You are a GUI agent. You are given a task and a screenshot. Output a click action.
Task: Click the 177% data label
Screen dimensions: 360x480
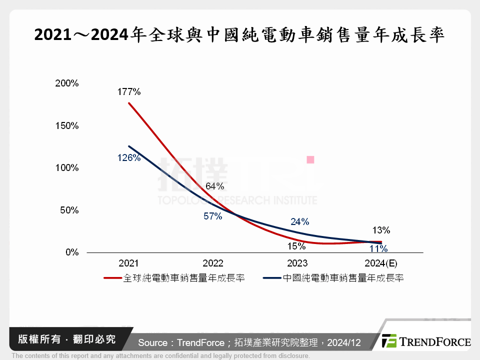[x=129, y=91]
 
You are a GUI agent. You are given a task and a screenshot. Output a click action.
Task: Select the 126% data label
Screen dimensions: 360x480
[x=129, y=158]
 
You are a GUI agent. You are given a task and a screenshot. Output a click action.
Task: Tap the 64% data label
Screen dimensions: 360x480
[x=214, y=186]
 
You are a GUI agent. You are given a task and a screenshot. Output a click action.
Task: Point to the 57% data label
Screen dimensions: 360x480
[x=213, y=216]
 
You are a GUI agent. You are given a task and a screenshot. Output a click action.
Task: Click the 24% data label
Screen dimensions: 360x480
[x=299, y=221]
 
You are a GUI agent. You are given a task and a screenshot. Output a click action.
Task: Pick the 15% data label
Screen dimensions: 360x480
[x=296, y=246]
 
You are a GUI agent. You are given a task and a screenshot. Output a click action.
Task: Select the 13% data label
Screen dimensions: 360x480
[x=381, y=230]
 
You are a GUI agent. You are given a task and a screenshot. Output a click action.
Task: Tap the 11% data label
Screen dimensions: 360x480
[x=378, y=248]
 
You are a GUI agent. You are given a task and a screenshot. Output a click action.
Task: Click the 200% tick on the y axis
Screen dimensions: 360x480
[x=66, y=83]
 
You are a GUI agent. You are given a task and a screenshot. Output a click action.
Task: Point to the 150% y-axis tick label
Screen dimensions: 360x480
[x=66, y=125]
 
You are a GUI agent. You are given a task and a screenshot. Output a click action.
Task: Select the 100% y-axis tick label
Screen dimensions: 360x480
[x=66, y=168]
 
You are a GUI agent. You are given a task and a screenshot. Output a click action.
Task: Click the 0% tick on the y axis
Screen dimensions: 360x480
[x=71, y=252]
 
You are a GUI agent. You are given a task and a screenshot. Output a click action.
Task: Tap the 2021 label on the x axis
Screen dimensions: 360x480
[x=128, y=263]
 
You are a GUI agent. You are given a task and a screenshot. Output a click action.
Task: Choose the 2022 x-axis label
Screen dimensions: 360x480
[x=213, y=263]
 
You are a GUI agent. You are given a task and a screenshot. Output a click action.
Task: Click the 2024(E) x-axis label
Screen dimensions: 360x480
[x=380, y=263]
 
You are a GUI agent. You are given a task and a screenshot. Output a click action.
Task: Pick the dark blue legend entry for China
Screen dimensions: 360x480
[x=333, y=278]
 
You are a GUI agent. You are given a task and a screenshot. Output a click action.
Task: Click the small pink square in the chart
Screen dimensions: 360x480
[x=310, y=159]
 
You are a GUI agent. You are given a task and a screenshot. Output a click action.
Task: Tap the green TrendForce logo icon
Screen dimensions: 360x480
[x=389, y=341]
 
